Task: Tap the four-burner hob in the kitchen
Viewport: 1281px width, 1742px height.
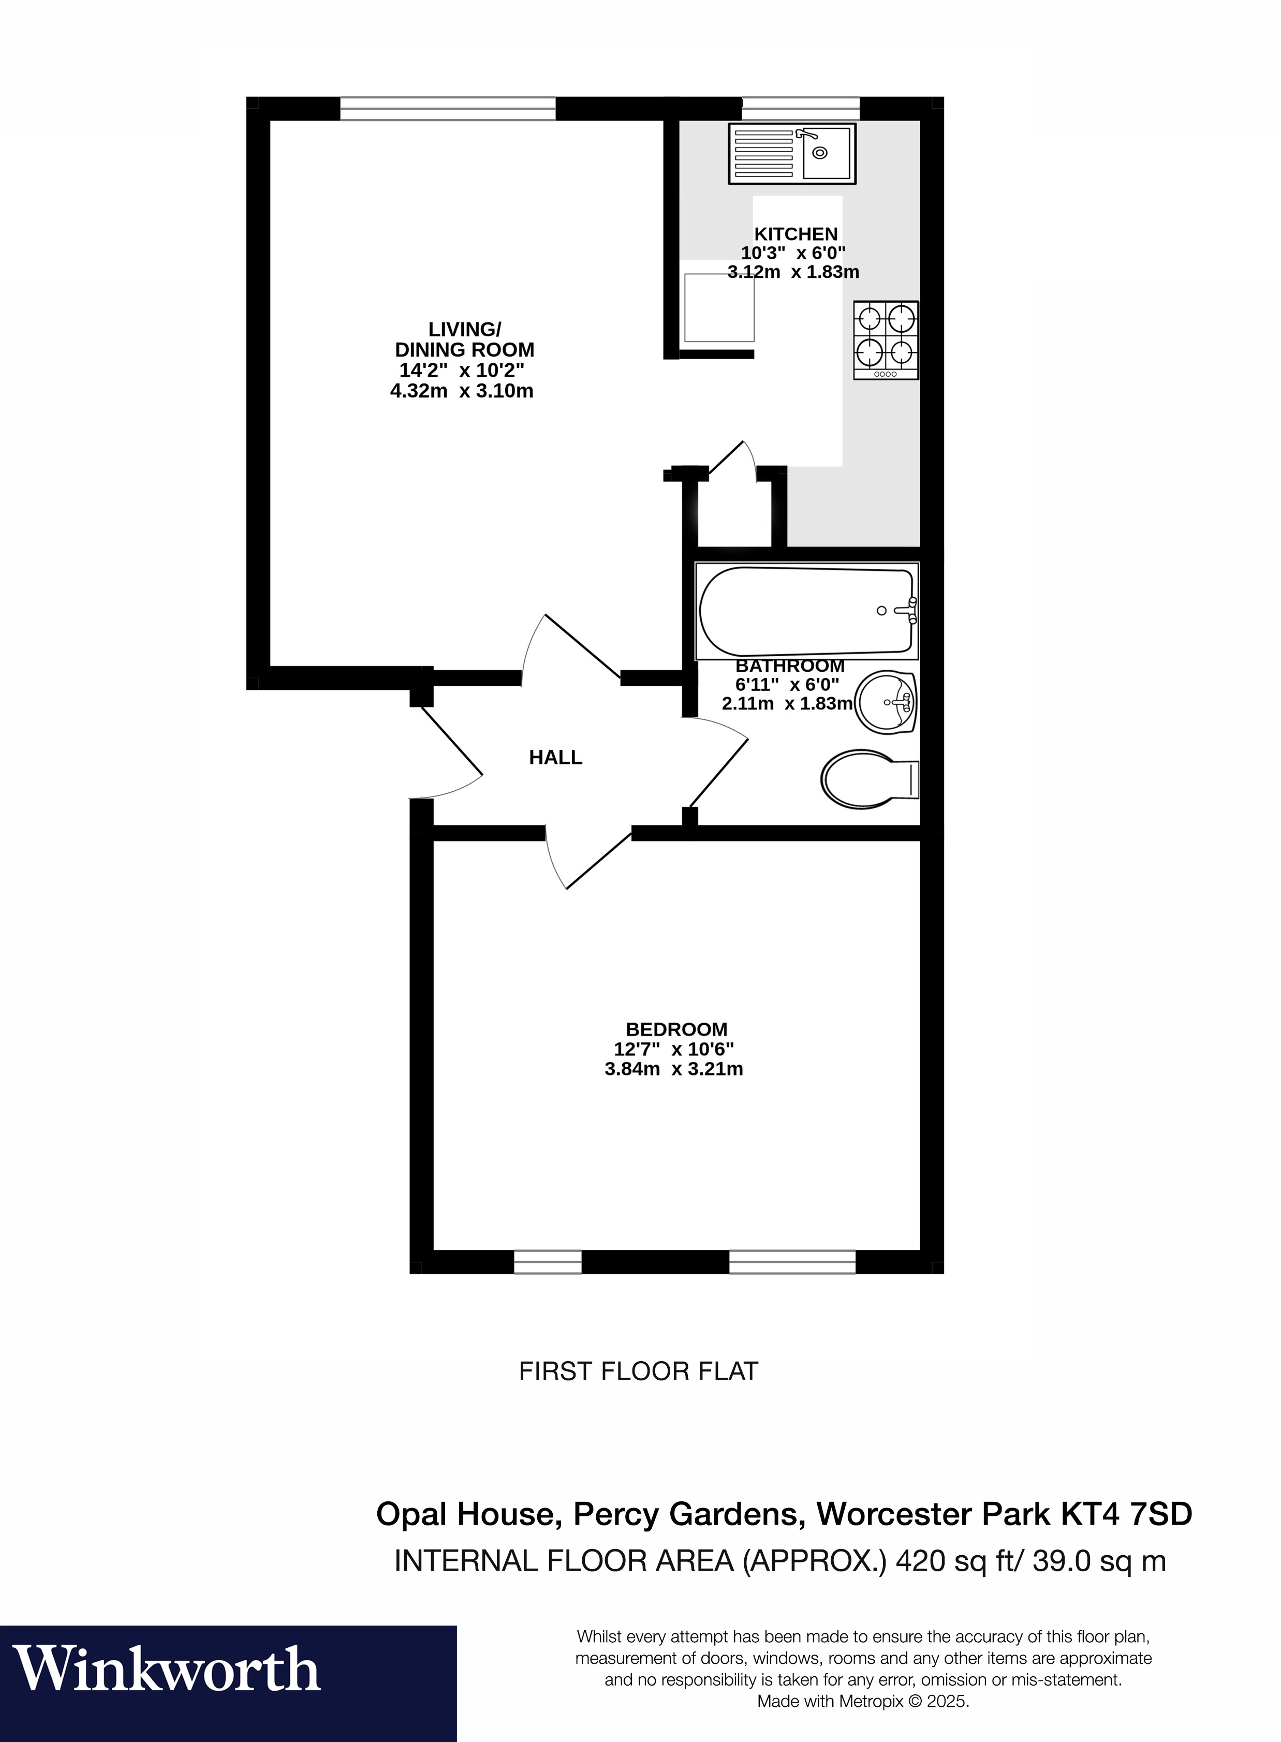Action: point(886,339)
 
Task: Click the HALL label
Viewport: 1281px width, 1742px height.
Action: point(555,758)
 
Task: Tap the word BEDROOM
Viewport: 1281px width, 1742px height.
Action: point(676,1029)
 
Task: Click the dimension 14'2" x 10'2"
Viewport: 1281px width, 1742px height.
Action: point(462,371)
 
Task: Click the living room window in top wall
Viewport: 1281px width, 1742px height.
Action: point(448,109)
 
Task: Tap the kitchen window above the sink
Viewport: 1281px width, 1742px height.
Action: point(801,109)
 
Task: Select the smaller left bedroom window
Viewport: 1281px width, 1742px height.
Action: point(548,1262)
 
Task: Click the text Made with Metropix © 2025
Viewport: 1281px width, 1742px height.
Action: point(862,1702)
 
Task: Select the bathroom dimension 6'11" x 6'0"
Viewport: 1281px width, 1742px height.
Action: point(787,685)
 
